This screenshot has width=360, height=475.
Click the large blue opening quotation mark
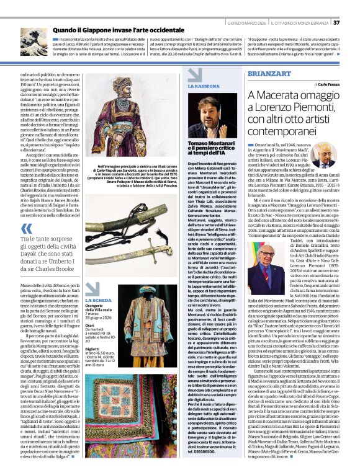25,220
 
